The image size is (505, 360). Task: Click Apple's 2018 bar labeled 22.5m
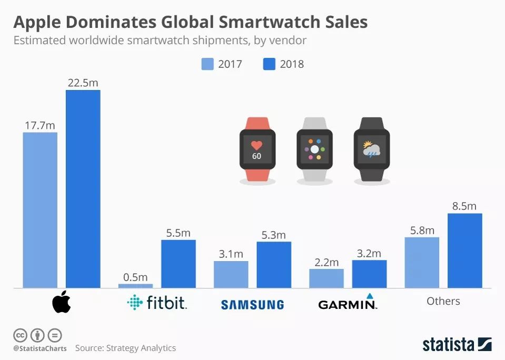(83, 189)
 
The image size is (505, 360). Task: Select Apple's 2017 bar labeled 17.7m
(40, 210)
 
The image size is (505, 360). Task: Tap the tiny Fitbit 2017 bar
(135, 286)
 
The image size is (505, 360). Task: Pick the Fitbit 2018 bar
(178, 264)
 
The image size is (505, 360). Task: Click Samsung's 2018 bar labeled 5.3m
(274, 265)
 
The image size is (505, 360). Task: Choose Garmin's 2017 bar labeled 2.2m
(326, 278)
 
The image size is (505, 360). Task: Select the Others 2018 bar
(464, 251)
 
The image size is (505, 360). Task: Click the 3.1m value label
(231, 254)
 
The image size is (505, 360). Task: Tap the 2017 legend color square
(207, 64)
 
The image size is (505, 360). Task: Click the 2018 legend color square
(269, 64)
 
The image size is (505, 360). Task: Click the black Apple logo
(61, 302)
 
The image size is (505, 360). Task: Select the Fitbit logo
(157, 303)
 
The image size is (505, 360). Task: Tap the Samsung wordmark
(252, 304)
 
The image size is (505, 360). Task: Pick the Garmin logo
(348, 303)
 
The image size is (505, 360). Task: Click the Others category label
(443, 301)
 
